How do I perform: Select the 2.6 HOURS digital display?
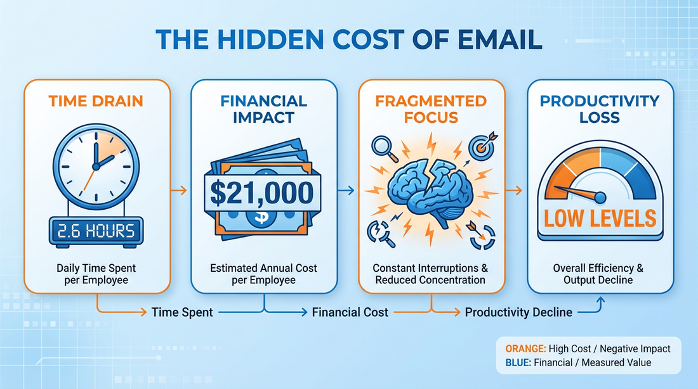[96, 231]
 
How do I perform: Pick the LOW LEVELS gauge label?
[600, 217]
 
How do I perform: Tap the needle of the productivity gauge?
[577, 191]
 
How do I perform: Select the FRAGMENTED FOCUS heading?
[431, 108]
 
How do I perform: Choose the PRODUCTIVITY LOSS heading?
[600, 108]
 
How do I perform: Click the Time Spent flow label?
[183, 312]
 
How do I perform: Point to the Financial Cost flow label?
[350, 312]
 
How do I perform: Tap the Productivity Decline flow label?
[518, 312]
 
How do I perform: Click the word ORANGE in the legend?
[524, 348]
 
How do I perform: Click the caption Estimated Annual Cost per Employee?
[264, 274]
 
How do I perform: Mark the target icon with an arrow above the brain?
[480, 145]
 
